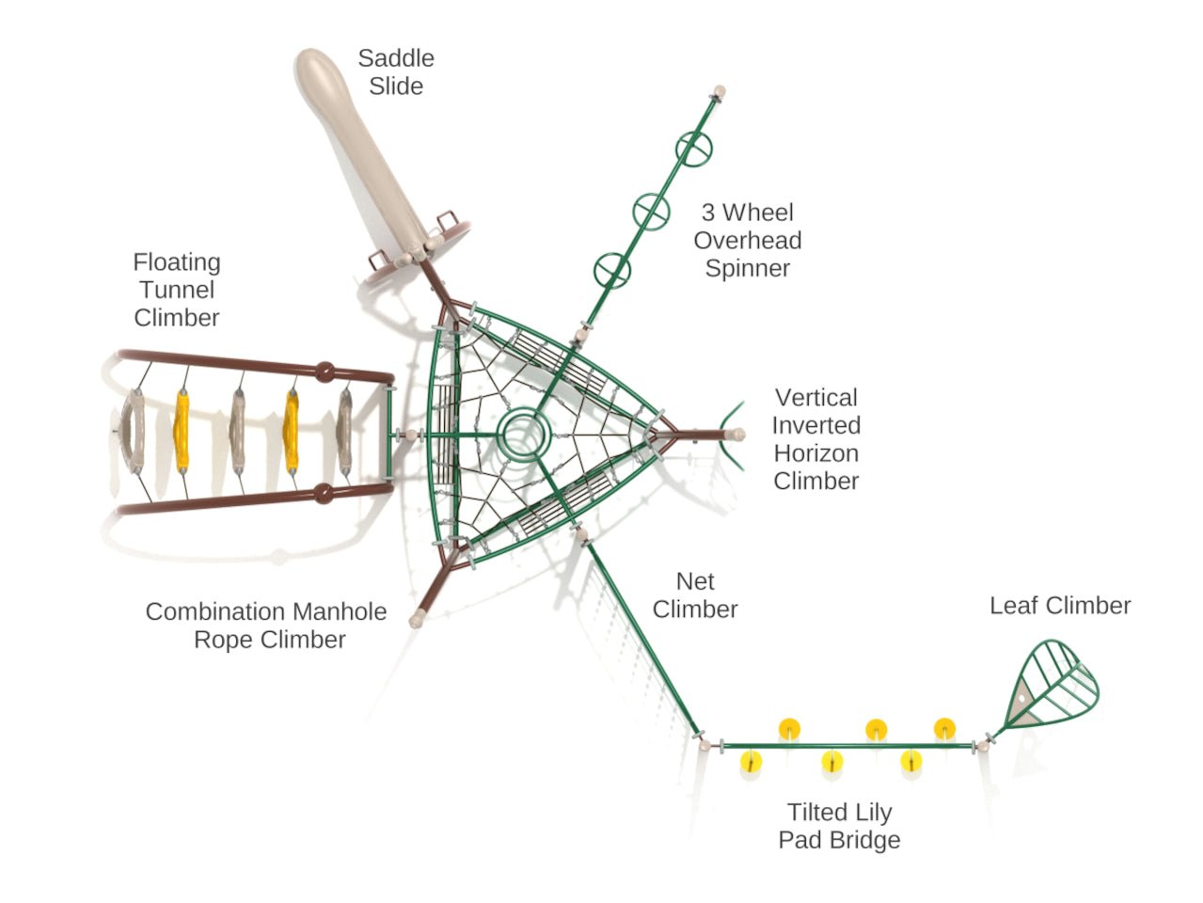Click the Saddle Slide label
click(x=396, y=71)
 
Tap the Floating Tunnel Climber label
click(x=177, y=290)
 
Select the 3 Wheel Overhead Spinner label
click(x=748, y=240)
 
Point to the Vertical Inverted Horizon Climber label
click(x=815, y=439)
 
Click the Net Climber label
click(x=695, y=595)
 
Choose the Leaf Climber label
click(x=1060, y=606)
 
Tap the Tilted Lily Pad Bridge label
click(x=839, y=826)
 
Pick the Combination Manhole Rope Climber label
click(x=266, y=626)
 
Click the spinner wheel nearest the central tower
click(x=612, y=271)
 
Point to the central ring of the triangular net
click(x=523, y=436)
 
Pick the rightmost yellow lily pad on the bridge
click(x=944, y=728)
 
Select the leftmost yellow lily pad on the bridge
click(x=750, y=761)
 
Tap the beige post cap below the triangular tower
click(x=419, y=618)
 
